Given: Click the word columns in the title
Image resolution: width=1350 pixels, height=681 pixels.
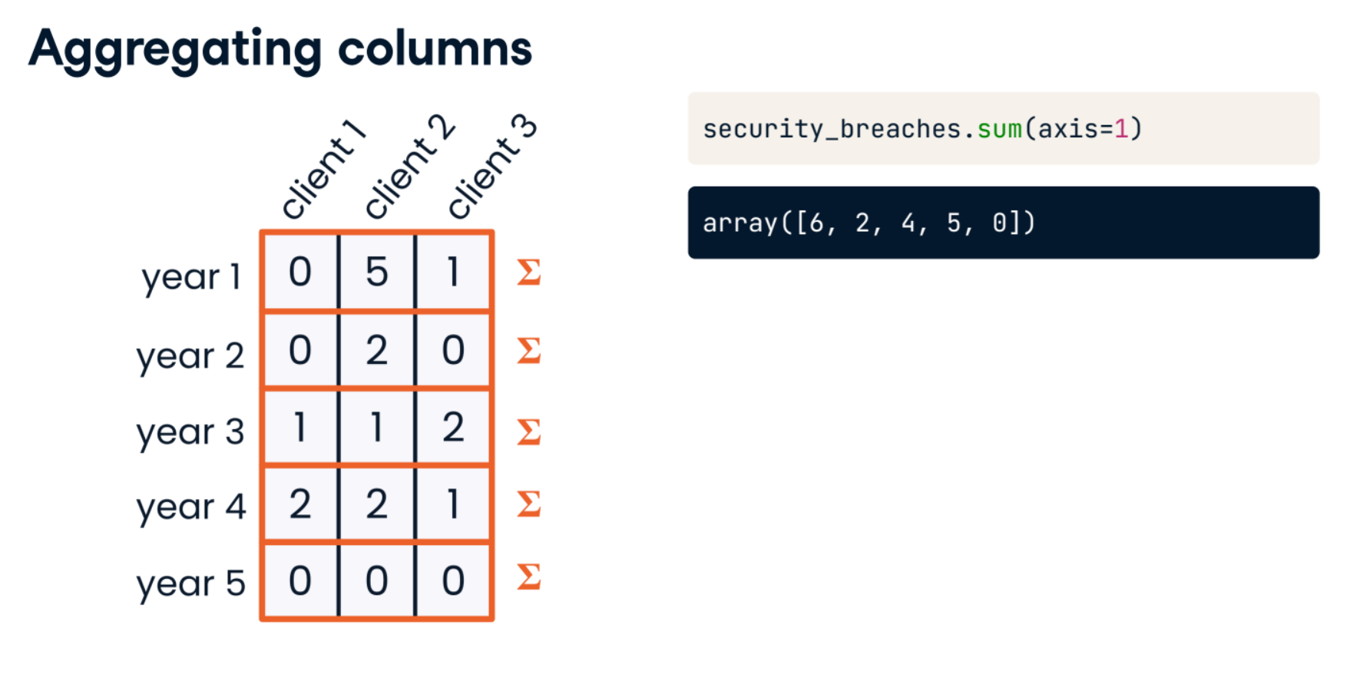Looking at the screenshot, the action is click(435, 49).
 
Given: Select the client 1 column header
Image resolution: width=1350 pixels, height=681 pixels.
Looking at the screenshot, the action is click(323, 169).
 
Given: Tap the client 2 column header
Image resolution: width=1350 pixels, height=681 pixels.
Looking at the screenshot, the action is click(409, 167).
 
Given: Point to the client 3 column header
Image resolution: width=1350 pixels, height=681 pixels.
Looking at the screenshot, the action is click(492, 167).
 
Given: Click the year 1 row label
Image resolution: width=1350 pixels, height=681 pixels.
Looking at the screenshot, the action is click(191, 277).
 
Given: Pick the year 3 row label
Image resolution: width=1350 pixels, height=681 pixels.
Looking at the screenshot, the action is click(190, 432).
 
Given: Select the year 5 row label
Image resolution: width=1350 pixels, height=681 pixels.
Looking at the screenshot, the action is click(190, 584).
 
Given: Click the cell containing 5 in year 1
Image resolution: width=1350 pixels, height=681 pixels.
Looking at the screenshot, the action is click(377, 272).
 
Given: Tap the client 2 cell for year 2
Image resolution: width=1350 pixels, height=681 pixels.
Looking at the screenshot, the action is click(377, 350).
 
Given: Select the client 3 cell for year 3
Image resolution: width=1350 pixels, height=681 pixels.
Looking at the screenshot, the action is click(453, 427).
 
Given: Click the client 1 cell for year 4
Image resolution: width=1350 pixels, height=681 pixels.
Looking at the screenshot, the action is click(300, 504).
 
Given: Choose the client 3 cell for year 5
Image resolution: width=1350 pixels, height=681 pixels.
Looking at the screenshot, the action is click(453, 580).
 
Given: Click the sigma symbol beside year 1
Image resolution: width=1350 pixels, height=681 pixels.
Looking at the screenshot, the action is click(529, 272).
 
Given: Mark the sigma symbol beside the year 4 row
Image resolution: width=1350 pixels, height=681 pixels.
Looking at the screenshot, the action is click(529, 504).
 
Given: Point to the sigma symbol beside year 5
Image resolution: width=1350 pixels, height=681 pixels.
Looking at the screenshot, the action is click(529, 576).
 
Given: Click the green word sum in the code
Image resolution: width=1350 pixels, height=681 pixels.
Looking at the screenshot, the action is click(999, 129).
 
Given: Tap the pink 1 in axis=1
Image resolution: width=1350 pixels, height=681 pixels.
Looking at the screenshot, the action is click(1121, 129).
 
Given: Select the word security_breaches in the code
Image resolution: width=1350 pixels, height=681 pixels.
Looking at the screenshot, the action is click(832, 130).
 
